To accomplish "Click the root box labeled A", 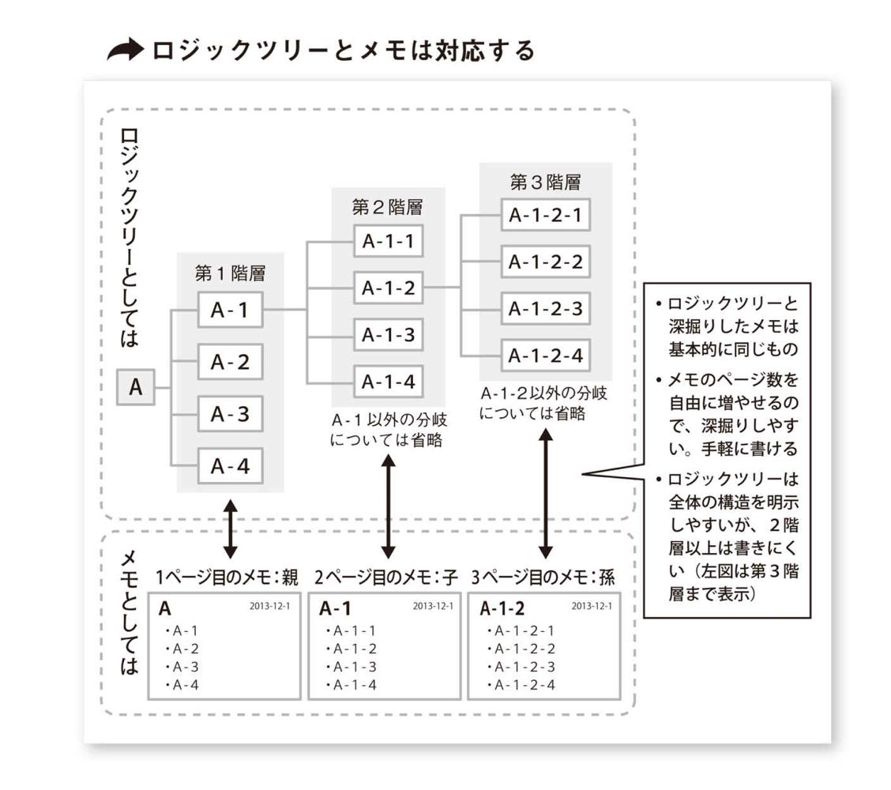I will (x=136, y=388).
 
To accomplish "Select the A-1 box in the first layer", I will (x=230, y=310).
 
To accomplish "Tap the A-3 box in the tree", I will (x=230, y=414).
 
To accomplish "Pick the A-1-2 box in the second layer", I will (x=388, y=288).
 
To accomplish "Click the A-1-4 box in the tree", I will (x=388, y=382).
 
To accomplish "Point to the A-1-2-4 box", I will (x=545, y=356).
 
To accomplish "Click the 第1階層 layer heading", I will (x=230, y=274).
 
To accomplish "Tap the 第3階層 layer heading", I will (x=545, y=182).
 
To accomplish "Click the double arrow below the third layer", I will (x=545, y=494).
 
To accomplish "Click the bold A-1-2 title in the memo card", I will (x=502, y=609).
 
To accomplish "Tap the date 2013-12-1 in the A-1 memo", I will (x=432, y=606).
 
